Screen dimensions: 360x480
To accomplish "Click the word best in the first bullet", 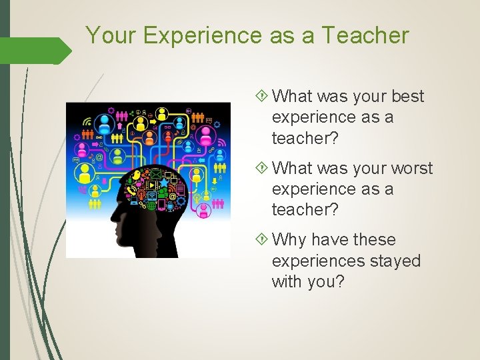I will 407,97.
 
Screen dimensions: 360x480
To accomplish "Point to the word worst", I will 410,169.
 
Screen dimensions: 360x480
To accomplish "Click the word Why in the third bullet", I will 289,240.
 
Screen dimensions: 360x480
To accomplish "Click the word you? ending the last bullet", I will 327,281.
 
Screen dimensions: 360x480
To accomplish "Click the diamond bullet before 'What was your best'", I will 261,97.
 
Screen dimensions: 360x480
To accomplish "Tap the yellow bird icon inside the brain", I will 137,175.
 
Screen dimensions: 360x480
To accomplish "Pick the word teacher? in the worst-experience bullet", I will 305,209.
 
